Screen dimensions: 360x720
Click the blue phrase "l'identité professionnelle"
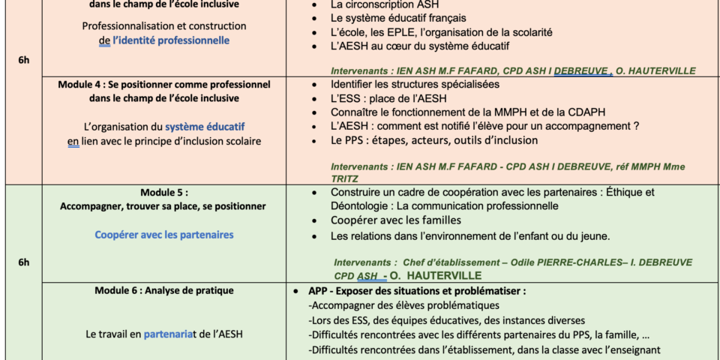(x=171, y=40)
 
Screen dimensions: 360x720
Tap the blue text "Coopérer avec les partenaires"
(x=163, y=235)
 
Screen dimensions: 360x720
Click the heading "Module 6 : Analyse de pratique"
(x=163, y=290)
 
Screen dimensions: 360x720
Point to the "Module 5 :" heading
(x=163, y=192)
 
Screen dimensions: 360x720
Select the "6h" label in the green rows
(x=24, y=262)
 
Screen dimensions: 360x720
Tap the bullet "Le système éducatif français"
(x=398, y=17)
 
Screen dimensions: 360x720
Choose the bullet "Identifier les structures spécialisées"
(x=415, y=85)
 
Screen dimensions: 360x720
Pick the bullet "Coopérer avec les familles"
(x=395, y=220)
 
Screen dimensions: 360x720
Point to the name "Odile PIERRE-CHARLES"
(x=538, y=262)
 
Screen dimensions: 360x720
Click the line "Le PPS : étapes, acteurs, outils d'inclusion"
(x=434, y=140)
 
